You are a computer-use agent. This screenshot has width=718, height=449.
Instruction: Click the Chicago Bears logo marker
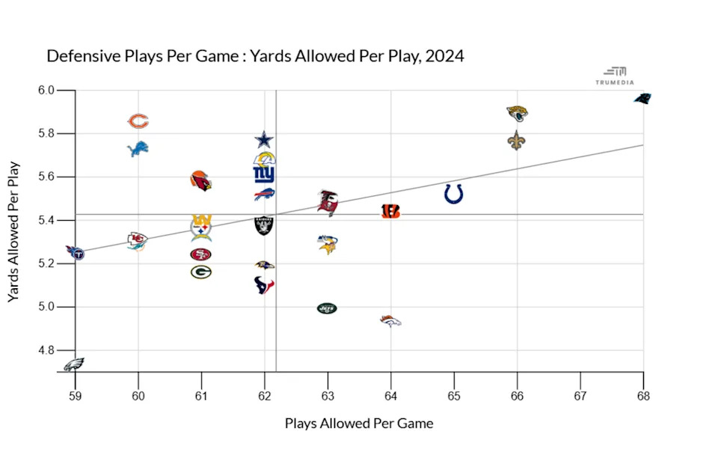pos(138,121)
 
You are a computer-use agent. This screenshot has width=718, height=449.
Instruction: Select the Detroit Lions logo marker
pos(138,150)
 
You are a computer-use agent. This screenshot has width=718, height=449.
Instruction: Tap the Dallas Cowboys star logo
pos(264,139)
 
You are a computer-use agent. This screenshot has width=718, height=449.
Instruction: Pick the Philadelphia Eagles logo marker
pos(73,365)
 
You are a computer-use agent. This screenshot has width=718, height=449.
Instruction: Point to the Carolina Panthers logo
pos(642,98)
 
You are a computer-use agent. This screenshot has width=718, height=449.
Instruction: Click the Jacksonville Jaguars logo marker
pos(517,114)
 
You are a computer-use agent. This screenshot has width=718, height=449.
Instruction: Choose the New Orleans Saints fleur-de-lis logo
pos(516,140)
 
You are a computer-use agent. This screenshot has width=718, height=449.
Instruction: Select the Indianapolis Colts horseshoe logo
pos(453,194)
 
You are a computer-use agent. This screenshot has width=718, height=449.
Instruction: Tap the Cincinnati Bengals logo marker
pos(390,211)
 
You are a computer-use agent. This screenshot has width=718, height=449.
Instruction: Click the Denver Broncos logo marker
pos(391,321)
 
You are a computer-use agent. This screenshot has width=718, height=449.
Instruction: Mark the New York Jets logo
pos(327,308)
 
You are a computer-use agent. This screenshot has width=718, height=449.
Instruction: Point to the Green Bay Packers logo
pos(200,272)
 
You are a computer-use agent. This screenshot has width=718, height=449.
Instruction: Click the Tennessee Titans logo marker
pos(75,252)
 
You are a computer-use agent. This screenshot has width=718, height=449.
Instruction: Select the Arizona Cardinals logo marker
pos(200,180)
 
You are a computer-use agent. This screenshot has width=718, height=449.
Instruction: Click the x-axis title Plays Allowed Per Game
pos(359,424)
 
